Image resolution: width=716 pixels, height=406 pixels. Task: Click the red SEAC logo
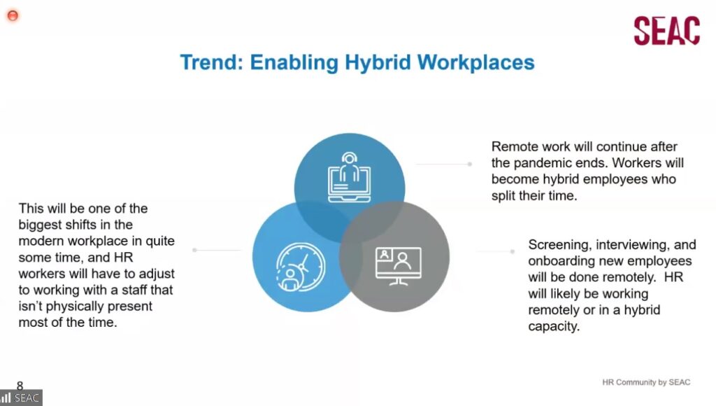click(666, 31)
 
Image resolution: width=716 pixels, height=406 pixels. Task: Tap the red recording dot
click(13, 15)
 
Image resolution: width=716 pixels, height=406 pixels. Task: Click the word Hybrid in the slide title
click(378, 63)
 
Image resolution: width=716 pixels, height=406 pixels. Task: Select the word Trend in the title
click(212, 62)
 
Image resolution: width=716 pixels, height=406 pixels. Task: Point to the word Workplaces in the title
click(475, 63)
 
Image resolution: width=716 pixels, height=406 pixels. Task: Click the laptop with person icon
click(350, 177)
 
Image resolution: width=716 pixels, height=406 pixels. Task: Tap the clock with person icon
click(301, 267)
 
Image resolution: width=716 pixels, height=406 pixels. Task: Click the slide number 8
click(20, 385)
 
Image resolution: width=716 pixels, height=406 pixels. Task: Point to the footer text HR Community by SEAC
click(646, 382)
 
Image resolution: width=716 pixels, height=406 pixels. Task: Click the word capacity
click(554, 327)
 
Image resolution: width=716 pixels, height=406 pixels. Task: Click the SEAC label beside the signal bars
click(27, 398)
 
